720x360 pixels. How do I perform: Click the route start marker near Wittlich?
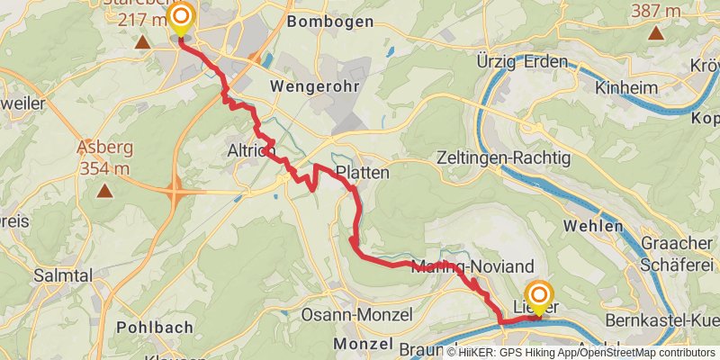point(181,18)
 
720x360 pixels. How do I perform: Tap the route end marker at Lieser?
point(539,296)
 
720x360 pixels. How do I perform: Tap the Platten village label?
point(362,172)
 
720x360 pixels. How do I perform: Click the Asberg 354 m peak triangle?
point(105,190)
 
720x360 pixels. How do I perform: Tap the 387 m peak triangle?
point(656,34)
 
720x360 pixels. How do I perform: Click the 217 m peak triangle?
point(142,41)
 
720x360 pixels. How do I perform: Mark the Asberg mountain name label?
point(105,148)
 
